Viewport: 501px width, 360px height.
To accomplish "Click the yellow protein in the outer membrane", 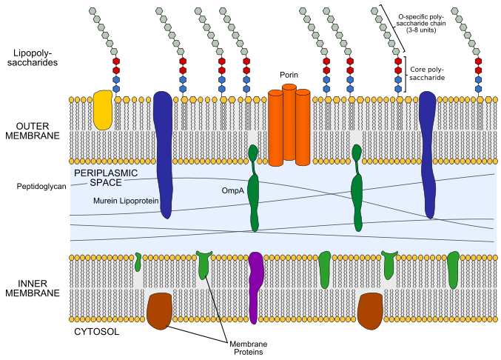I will pos(103,110).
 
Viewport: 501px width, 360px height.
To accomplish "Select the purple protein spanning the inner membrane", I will pos(255,285).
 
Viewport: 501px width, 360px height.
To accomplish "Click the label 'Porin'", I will pos(289,76).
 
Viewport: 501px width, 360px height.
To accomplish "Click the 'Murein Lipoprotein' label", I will pos(126,201).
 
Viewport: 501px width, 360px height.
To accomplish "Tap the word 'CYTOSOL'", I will pos(97,332).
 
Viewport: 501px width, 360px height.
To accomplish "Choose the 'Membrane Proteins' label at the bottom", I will pos(248,348).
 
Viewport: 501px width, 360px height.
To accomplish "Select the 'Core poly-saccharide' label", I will pos(432,74).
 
